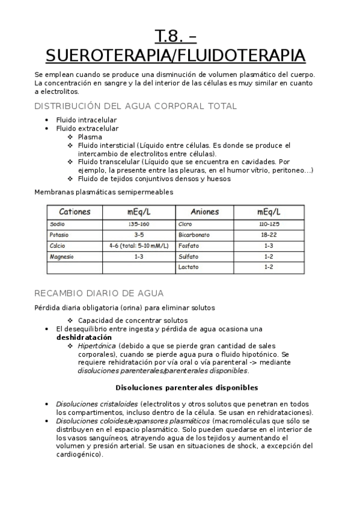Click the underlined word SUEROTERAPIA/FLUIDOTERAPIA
point(175,56)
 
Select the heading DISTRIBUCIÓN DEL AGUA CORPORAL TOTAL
point(136,106)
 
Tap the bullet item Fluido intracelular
point(86,120)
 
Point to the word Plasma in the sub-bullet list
point(90,137)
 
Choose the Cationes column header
point(75,212)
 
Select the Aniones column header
point(204,212)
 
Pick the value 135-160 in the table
point(139,224)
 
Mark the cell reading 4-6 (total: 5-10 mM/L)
point(139,246)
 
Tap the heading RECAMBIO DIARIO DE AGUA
point(99,293)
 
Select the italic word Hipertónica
point(97,346)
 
